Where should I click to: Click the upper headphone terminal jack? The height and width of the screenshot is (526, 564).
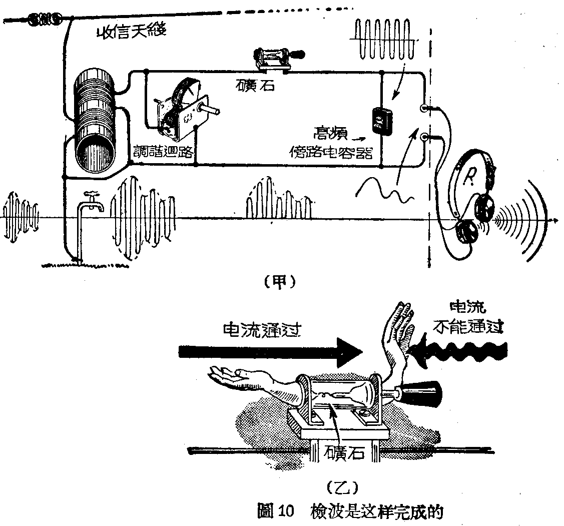point(424,108)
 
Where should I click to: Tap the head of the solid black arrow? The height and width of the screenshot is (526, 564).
point(349,352)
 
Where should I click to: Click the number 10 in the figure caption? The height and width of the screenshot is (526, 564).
point(289,512)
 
